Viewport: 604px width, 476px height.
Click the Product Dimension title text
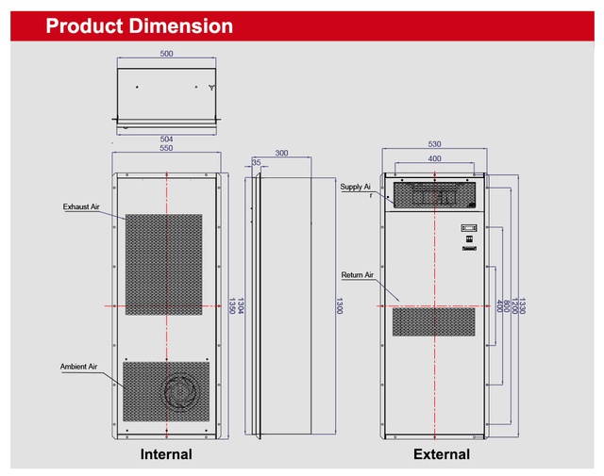(140, 26)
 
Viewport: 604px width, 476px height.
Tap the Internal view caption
(166, 454)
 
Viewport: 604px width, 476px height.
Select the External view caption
(441, 454)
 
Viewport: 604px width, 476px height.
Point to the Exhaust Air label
(81, 206)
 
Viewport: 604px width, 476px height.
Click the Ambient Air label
(79, 366)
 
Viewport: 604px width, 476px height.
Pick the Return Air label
(358, 275)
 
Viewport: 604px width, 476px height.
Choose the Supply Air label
(356, 188)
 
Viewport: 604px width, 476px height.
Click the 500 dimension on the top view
(166, 54)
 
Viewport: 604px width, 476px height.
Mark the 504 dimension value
(166, 139)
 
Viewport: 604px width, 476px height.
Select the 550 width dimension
(166, 149)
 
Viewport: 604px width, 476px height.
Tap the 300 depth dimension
(281, 152)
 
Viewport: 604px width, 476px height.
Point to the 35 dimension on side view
(257, 163)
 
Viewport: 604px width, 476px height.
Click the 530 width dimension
(434, 144)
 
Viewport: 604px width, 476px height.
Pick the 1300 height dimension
(338, 305)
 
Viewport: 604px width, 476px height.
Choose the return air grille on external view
(434, 321)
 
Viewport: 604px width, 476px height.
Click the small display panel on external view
(468, 229)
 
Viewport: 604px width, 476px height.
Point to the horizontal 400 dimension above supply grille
(434, 159)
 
